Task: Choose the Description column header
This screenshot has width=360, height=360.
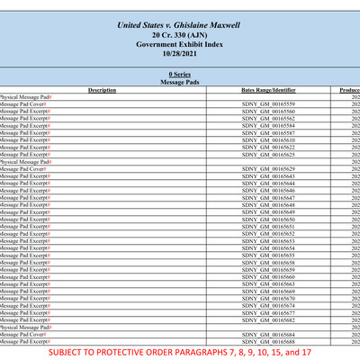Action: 103,90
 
